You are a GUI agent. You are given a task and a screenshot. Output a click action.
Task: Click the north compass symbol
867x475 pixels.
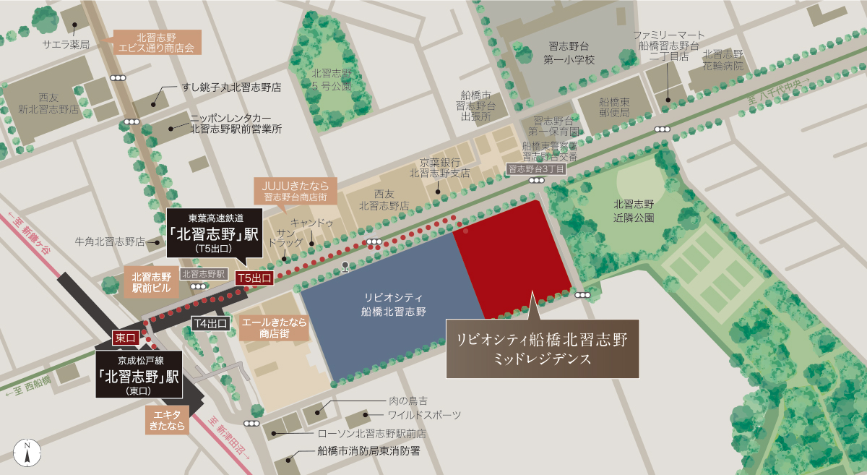pos(27,450)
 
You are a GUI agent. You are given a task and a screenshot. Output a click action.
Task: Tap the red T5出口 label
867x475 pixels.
pos(254,278)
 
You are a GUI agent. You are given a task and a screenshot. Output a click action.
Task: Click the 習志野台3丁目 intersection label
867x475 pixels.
pos(535,168)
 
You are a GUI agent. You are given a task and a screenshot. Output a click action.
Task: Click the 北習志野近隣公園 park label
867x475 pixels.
pos(633,210)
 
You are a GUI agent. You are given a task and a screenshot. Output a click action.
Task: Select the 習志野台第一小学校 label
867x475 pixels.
pos(570,53)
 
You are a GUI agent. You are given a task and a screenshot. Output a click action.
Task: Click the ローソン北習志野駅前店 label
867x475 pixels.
pos(372,434)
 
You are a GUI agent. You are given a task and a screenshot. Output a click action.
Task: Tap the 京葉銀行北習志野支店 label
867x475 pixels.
pos(439,168)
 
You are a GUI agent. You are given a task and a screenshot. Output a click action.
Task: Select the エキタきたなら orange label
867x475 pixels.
pos(167,419)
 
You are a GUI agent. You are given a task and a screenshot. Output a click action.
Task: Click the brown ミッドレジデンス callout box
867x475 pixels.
pos(542,348)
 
